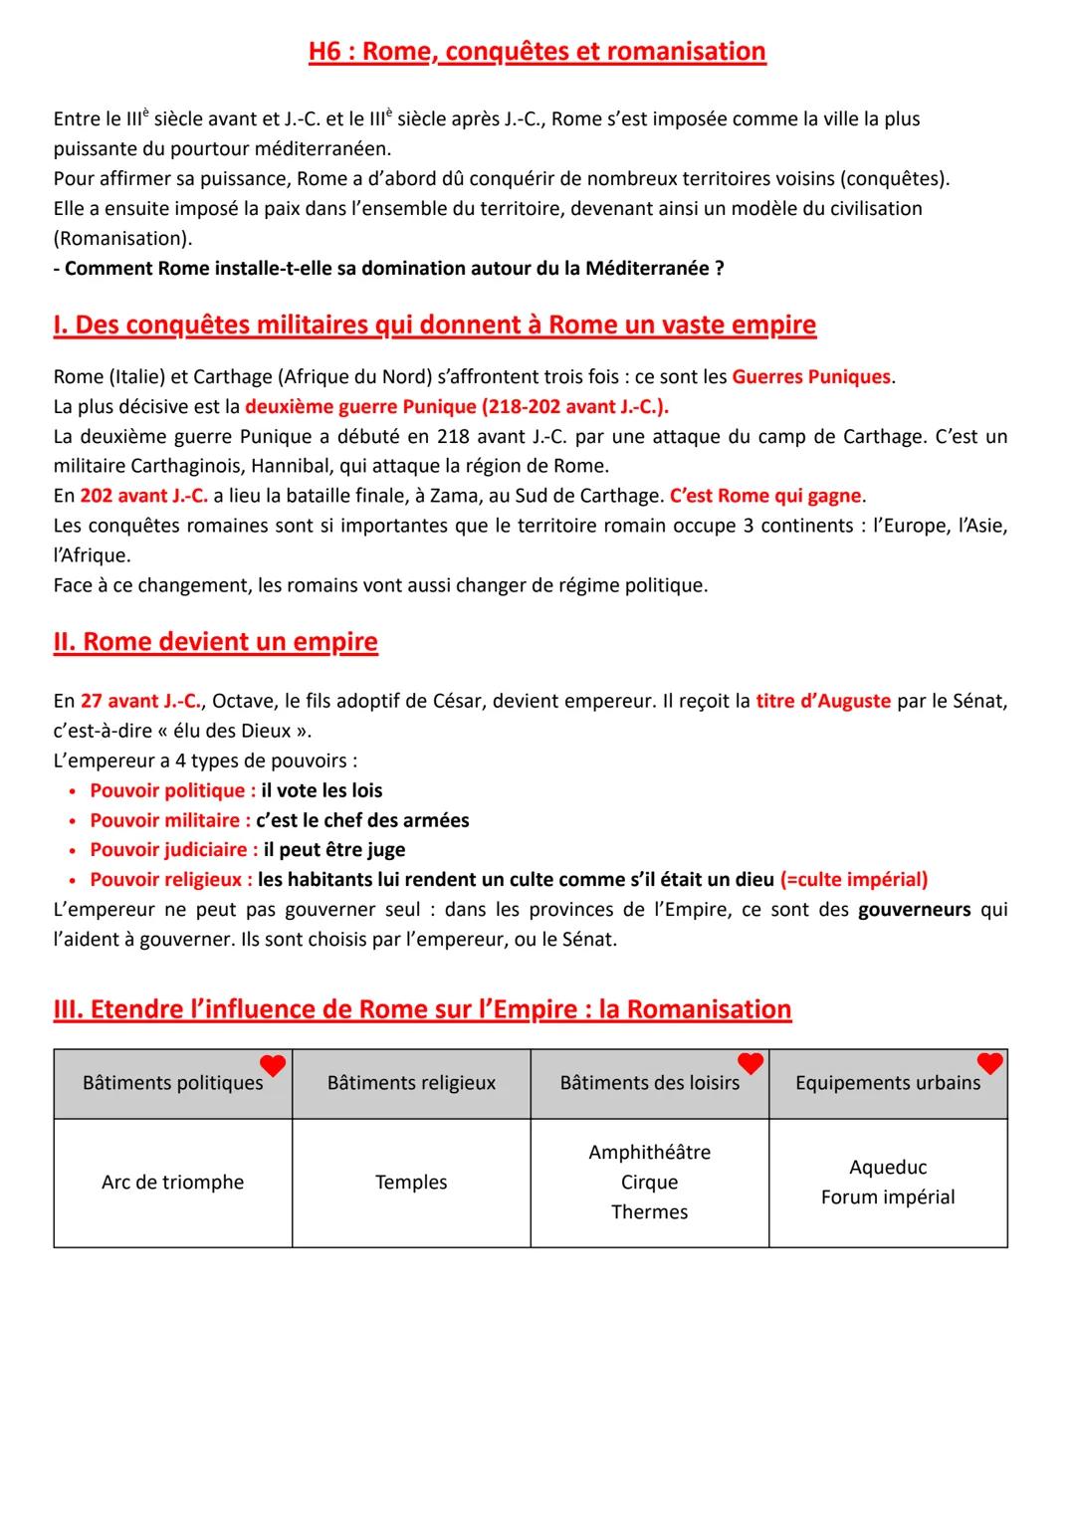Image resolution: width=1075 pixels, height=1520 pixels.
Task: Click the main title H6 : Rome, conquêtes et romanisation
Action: point(537,52)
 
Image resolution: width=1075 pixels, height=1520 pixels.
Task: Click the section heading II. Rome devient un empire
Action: point(215,642)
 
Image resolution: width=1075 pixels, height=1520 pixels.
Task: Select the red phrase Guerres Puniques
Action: point(811,377)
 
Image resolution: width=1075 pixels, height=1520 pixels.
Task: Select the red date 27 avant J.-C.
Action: point(141,701)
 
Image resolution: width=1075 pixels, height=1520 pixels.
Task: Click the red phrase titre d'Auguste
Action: point(823,701)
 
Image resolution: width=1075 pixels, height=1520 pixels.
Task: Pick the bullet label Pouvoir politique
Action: point(171,790)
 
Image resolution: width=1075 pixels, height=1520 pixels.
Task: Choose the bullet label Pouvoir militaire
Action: point(169,820)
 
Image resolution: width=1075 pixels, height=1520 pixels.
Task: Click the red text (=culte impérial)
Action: point(854,880)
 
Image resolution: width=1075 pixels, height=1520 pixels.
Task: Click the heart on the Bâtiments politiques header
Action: point(273,1065)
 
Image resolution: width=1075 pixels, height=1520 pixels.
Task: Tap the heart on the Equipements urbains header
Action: point(989,1063)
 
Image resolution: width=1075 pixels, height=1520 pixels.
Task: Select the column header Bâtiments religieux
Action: point(411,1083)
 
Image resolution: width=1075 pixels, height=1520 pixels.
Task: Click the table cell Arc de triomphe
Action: point(172,1183)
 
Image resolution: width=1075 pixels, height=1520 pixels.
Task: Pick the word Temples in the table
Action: point(411,1183)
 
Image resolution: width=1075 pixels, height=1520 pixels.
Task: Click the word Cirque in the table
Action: point(649,1183)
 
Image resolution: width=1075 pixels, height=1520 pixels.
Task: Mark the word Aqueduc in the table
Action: point(888,1168)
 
